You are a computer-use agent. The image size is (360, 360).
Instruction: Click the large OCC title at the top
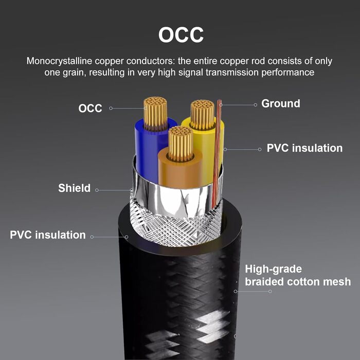[181, 35]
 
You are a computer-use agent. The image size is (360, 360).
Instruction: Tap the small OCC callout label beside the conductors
[90, 109]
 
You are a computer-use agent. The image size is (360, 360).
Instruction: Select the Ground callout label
[281, 103]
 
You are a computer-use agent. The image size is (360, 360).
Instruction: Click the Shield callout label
[74, 188]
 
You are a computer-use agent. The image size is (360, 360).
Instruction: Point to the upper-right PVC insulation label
[304, 148]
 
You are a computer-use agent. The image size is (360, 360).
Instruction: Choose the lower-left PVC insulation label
[48, 235]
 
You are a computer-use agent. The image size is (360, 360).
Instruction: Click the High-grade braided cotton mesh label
[297, 275]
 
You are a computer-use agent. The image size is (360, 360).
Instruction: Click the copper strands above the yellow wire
[202, 114]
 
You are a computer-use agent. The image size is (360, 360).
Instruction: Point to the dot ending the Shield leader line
[97, 190]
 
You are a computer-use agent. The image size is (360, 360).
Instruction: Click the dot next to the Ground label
[256, 104]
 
